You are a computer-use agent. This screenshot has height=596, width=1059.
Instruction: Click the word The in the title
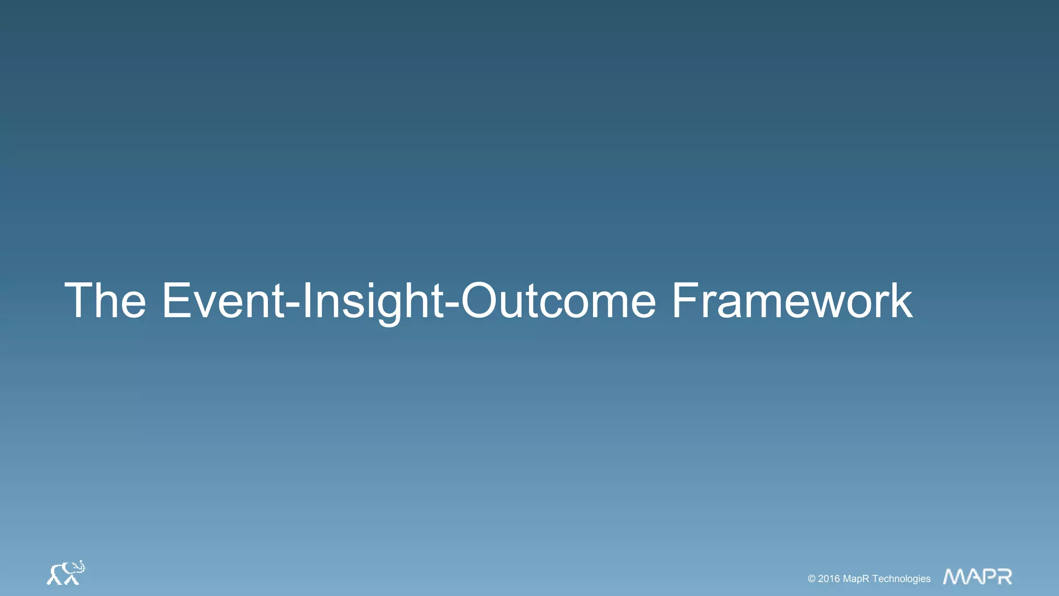pyautogui.click(x=105, y=301)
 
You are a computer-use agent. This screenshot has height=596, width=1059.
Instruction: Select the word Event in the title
pyautogui.click(x=223, y=301)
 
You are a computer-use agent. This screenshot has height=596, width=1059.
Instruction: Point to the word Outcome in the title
pyautogui.click(x=558, y=301)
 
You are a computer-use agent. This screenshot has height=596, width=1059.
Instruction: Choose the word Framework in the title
pyautogui.click(x=792, y=301)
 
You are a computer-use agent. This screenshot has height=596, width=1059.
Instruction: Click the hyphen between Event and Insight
pyautogui.click(x=293, y=305)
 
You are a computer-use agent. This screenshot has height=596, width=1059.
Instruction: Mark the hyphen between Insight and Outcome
pyautogui.click(x=452, y=305)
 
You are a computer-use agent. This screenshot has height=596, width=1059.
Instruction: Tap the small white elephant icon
pyautogui.click(x=65, y=573)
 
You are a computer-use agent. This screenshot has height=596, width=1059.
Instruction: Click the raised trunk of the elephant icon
pyautogui.click(x=81, y=565)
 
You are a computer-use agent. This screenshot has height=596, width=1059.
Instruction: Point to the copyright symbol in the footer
pyautogui.click(x=811, y=579)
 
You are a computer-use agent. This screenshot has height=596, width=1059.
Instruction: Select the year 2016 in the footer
pyautogui.click(x=829, y=579)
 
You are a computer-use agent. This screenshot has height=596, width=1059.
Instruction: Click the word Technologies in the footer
pyautogui.click(x=901, y=579)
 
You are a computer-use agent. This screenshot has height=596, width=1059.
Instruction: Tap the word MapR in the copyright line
pyautogui.click(x=856, y=579)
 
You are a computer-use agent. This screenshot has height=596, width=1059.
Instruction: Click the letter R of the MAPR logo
pyautogui.click(x=1004, y=576)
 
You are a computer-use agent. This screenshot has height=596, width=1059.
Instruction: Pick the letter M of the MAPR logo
pyautogui.click(x=955, y=576)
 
